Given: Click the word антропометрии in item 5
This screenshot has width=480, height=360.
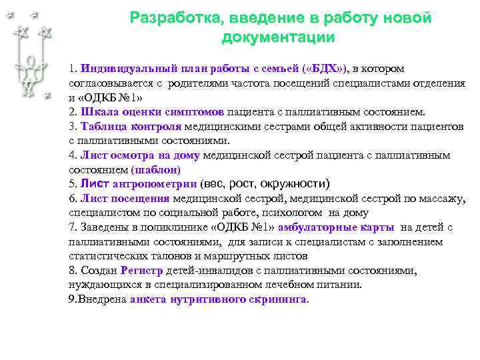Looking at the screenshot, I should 156,185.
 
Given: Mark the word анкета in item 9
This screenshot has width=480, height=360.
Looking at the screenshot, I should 149,300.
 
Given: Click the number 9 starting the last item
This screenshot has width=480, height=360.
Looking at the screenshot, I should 72,300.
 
